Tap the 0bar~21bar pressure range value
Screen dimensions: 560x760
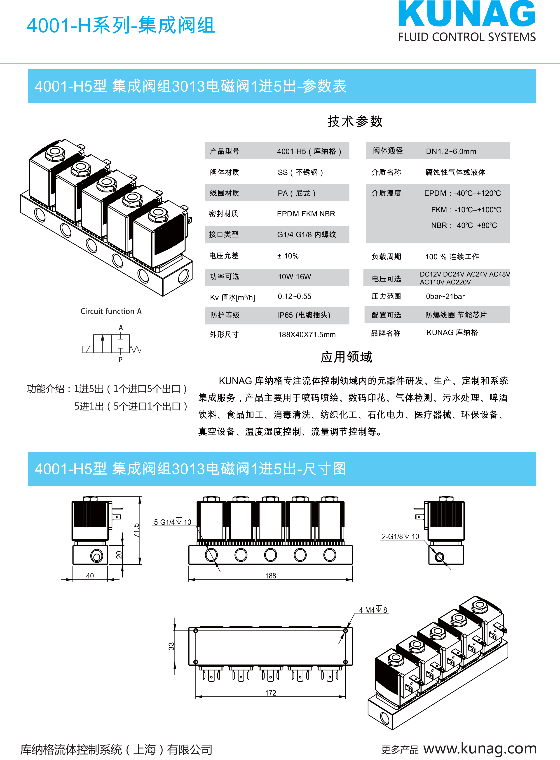[x=445, y=296]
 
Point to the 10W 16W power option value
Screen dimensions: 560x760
[x=294, y=277]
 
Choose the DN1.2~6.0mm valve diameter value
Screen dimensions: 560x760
[x=451, y=151]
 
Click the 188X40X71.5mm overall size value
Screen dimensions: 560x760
[x=307, y=334]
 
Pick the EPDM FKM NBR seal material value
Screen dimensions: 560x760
[x=306, y=214]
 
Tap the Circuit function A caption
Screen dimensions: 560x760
[x=111, y=311]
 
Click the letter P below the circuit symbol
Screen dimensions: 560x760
[x=121, y=360]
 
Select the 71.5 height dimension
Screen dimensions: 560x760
[x=136, y=530]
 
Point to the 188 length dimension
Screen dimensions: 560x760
[x=270, y=576]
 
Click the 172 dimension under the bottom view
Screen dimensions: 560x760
[x=270, y=693]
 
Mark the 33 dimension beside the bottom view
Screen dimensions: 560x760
[x=171, y=646]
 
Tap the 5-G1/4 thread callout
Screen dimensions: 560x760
[x=173, y=522]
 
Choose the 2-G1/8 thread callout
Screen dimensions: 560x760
[x=400, y=536]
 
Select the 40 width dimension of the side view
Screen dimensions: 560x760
[x=90, y=576]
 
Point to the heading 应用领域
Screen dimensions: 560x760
[x=347, y=357]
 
